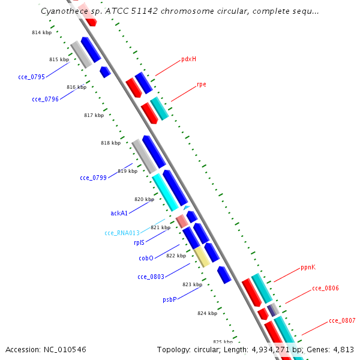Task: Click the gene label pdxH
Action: (x=189, y=59)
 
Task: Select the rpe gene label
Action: (x=202, y=85)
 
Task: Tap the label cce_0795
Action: (x=31, y=77)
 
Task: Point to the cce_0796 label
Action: (x=45, y=99)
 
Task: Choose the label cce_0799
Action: (x=93, y=178)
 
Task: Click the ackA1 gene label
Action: (x=119, y=213)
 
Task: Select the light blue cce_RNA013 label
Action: (x=122, y=233)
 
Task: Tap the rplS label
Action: (x=139, y=242)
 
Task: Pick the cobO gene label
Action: (x=146, y=258)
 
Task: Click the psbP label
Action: (x=170, y=299)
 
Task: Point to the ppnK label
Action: (x=308, y=267)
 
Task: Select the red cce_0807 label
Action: (x=342, y=320)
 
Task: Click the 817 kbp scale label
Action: (x=94, y=115)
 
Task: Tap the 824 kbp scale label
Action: (x=208, y=313)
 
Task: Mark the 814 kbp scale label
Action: (x=42, y=32)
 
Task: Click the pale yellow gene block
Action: (x=202, y=257)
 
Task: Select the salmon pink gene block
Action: (x=182, y=221)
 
